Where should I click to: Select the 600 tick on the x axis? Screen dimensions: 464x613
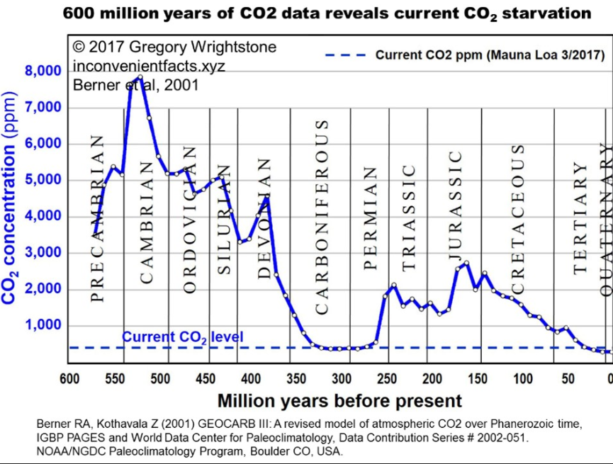coord(69,378)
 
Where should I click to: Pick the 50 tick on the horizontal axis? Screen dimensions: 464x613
coord(568,378)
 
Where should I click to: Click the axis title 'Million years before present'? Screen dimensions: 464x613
coord(339,401)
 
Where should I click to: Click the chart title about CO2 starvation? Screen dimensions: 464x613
coord(327,13)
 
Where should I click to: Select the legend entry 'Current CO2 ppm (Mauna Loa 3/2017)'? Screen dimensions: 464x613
coord(489,55)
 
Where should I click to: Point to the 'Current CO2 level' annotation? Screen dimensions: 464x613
coord(182,336)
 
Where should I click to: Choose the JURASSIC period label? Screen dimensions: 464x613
coord(456,205)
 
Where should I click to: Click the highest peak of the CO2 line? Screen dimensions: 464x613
coord(140,77)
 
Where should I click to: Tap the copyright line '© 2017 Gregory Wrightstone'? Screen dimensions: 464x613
coord(174,47)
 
